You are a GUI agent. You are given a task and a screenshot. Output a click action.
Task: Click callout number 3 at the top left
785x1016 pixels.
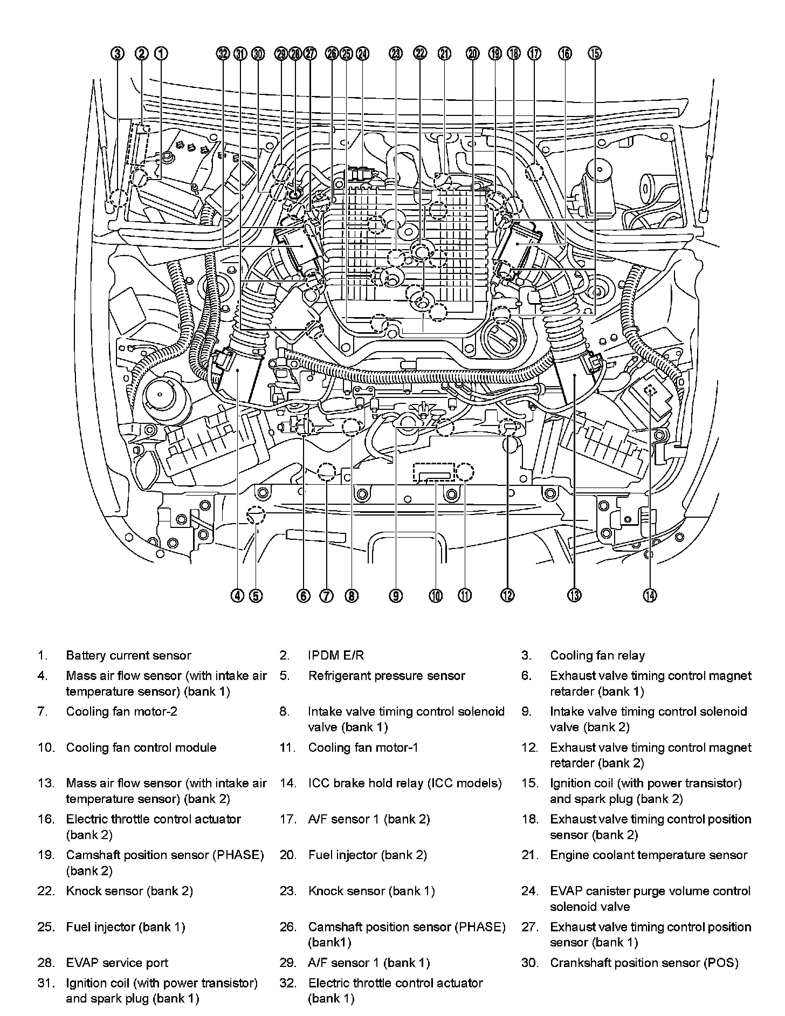pos(118,53)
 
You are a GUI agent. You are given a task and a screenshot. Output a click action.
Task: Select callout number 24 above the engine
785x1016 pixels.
pos(363,53)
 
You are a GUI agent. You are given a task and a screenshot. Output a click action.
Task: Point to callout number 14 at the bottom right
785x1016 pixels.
pos(650,595)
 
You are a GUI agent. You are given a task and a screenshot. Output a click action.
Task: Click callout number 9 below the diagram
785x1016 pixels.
pos(396,595)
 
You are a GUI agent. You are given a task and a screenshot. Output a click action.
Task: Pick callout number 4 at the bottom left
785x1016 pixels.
pos(237,595)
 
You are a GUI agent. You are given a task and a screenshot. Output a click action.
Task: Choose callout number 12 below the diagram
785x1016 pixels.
pos(507,595)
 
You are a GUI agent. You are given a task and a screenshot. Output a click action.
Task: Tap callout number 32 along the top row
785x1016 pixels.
pos(223,53)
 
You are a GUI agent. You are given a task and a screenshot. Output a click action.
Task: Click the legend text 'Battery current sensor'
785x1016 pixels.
pos(128,656)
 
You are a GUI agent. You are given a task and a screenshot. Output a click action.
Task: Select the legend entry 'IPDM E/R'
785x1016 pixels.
pos(336,656)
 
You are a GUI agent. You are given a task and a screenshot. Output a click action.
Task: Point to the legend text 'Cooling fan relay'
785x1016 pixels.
pos(597,656)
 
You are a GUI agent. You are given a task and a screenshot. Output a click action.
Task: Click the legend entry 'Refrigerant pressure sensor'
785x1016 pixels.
pos(386,676)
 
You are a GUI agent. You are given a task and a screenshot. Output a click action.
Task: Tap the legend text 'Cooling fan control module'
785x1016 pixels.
pos(141,748)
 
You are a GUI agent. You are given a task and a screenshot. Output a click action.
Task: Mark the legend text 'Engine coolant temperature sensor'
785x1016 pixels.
pos(649,855)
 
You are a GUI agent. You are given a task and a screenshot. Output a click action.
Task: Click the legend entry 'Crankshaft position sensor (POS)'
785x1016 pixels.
pos(644,963)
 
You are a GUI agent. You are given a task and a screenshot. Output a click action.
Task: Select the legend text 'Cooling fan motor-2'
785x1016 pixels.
pos(121,712)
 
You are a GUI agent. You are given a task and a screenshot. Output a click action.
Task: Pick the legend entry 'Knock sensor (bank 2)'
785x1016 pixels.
pos(129,891)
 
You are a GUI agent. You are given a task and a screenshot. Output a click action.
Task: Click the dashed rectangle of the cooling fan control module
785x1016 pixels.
pos(434,471)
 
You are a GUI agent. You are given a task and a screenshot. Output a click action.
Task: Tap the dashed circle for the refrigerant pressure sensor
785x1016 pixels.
pos(256,516)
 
